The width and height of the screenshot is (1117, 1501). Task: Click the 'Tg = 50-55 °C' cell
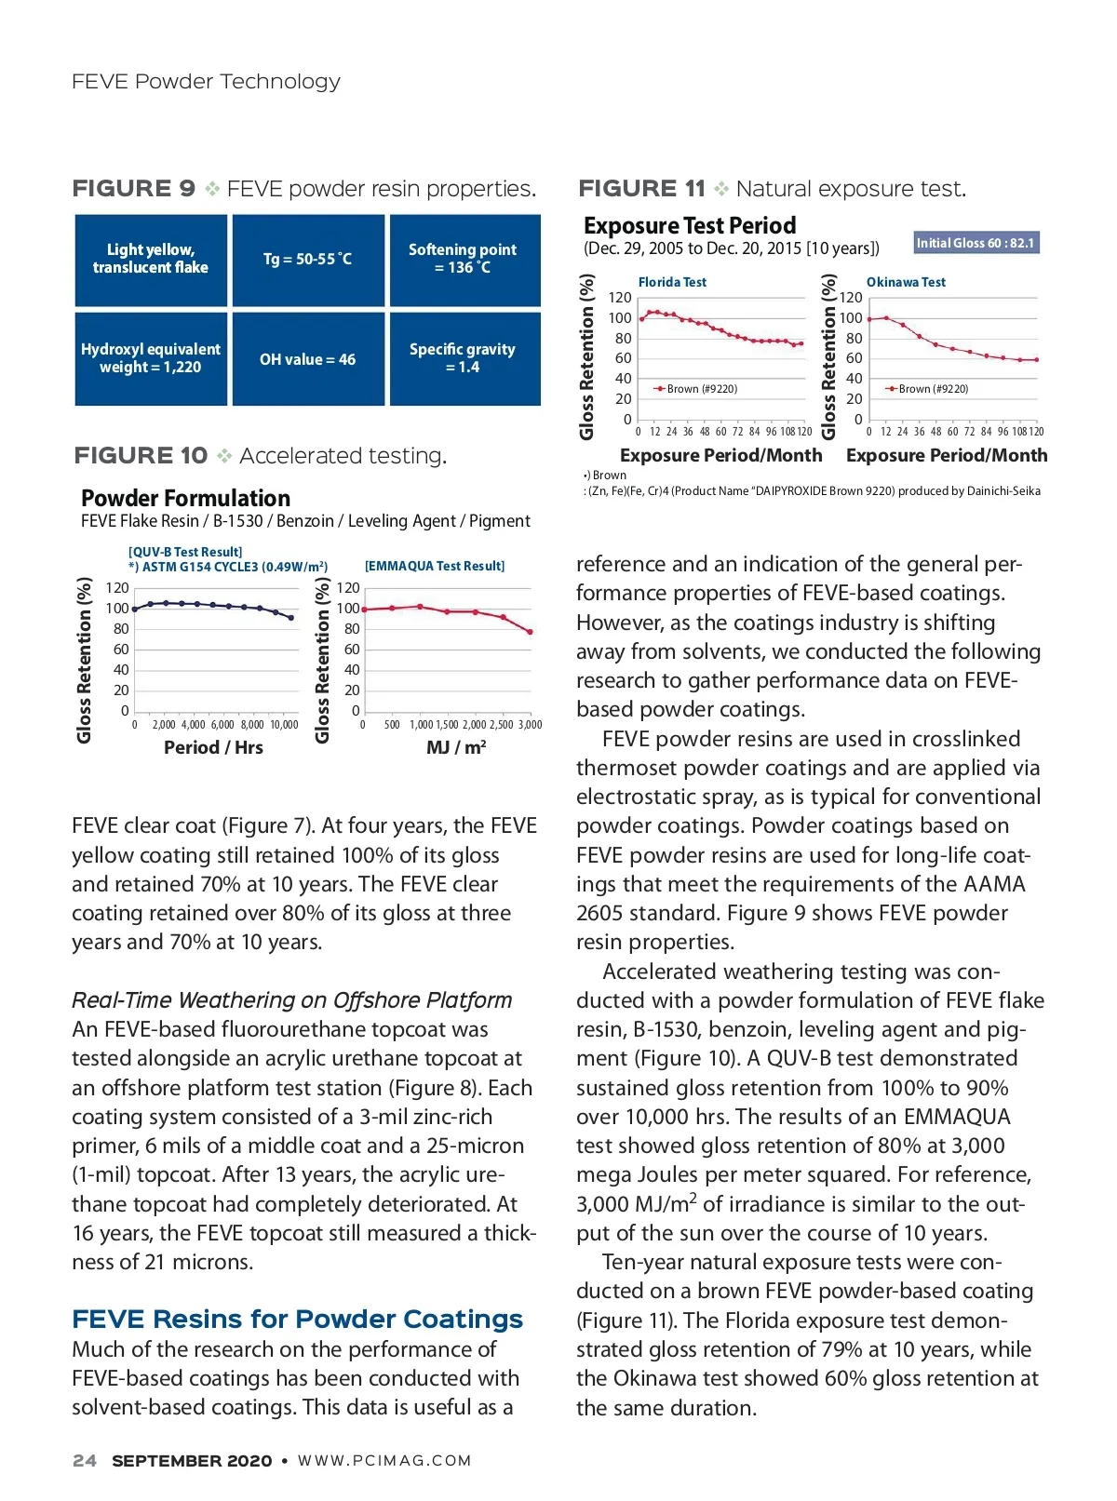(x=307, y=260)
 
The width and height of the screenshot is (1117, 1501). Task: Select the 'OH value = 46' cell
(x=307, y=359)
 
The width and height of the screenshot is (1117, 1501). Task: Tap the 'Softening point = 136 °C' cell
(x=463, y=259)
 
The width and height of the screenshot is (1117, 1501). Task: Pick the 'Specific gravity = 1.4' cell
(x=463, y=358)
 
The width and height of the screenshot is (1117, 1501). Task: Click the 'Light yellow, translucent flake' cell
(x=151, y=259)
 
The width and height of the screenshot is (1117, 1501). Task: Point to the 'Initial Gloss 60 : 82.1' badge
(x=975, y=243)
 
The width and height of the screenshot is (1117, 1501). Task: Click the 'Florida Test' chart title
(x=672, y=282)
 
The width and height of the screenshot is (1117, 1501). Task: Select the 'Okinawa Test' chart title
(x=906, y=282)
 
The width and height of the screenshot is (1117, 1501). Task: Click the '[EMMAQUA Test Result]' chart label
(x=435, y=566)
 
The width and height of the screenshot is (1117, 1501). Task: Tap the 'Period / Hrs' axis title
(x=213, y=747)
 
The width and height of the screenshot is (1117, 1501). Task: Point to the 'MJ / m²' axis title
(x=456, y=747)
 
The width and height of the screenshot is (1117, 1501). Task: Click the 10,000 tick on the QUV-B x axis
(x=284, y=725)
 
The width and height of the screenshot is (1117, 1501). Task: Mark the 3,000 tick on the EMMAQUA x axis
(x=530, y=725)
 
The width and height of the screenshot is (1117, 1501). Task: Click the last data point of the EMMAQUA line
(x=531, y=632)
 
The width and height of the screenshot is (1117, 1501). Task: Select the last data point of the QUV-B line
(x=291, y=618)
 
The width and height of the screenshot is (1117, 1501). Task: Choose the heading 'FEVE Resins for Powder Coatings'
(x=298, y=1320)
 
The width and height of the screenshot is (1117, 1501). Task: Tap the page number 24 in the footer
(x=84, y=1461)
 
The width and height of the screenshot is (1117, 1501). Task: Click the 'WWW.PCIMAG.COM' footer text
(x=384, y=1461)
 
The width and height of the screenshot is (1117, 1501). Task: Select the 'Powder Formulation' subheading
(x=185, y=498)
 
